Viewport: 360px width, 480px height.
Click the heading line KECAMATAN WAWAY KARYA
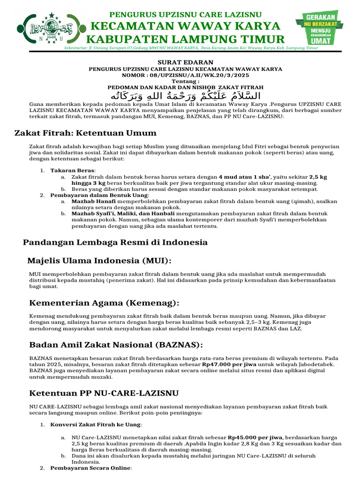[x=186, y=25]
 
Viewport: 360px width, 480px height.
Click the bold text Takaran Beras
[x=73, y=170]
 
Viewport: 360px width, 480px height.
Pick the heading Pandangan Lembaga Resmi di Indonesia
[x=115, y=242]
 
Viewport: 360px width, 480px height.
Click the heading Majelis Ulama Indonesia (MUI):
[x=99, y=261]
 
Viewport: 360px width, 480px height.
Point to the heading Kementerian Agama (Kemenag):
[x=104, y=303]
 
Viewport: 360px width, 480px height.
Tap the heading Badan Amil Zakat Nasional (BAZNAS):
[x=116, y=345]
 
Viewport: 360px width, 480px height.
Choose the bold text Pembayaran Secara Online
[x=91, y=468]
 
